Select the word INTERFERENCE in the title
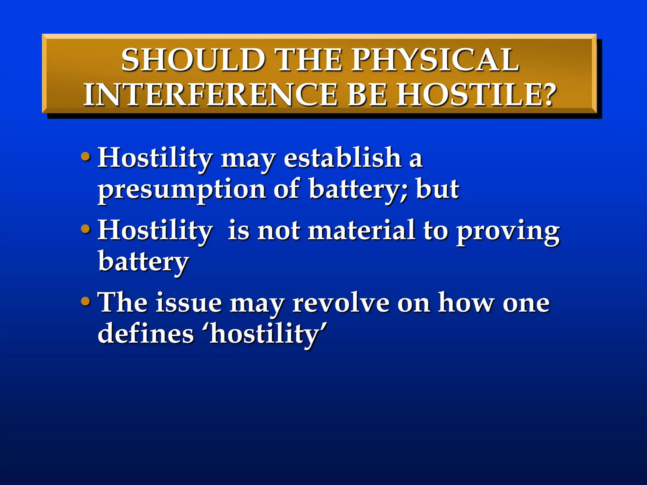(x=210, y=94)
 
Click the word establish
(x=342, y=158)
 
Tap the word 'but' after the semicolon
(x=438, y=189)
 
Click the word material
(x=361, y=230)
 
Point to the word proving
(x=508, y=232)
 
